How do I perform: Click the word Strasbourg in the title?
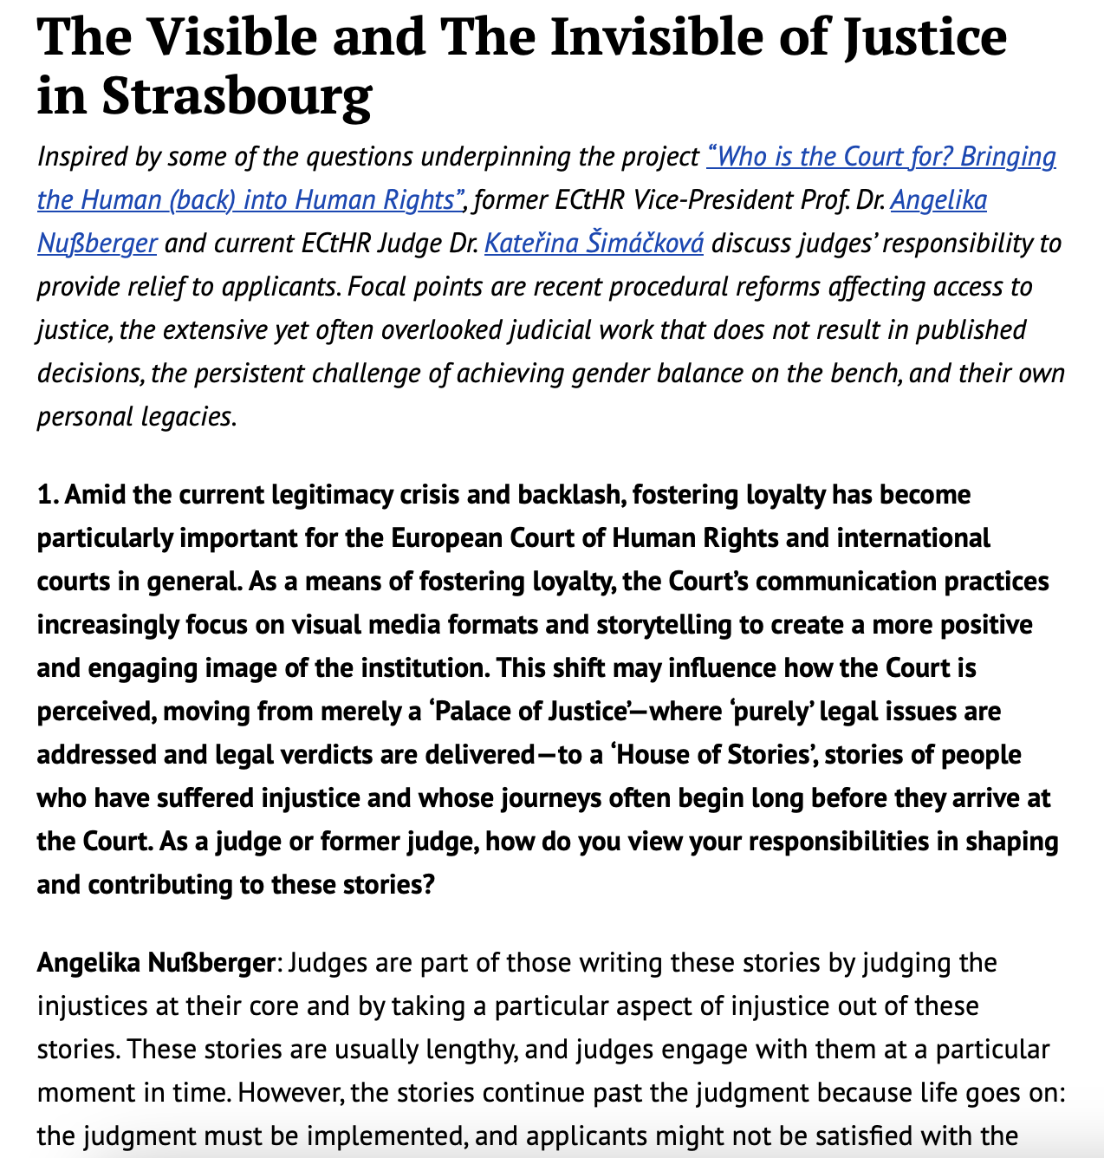(237, 95)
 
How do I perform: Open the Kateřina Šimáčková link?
(594, 244)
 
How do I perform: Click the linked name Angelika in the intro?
(938, 200)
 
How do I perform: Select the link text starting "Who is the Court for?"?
(881, 157)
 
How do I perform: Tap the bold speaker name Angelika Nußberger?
(156, 963)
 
